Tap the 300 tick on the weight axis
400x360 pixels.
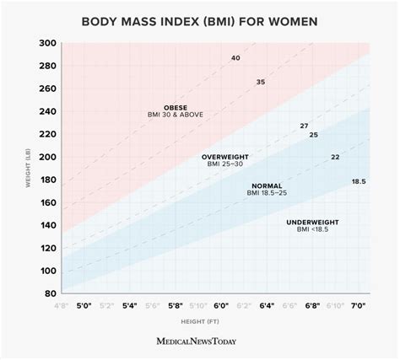pyautogui.click(x=48, y=44)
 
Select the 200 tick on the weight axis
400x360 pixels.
pyautogui.click(x=48, y=158)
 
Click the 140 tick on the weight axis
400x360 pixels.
pyautogui.click(x=48, y=226)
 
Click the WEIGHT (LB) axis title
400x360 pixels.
pyautogui.click(x=27, y=168)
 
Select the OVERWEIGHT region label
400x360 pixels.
pyautogui.click(x=224, y=158)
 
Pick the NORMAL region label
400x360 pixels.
pyautogui.click(x=267, y=185)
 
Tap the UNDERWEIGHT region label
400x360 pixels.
pyautogui.click(x=313, y=223)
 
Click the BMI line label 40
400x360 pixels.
pyautogui.click(x=235, y=57)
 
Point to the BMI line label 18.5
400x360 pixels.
pyautogui.click(x=359, y=181)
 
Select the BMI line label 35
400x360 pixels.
pyautogui.click(x=261, y=82)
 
